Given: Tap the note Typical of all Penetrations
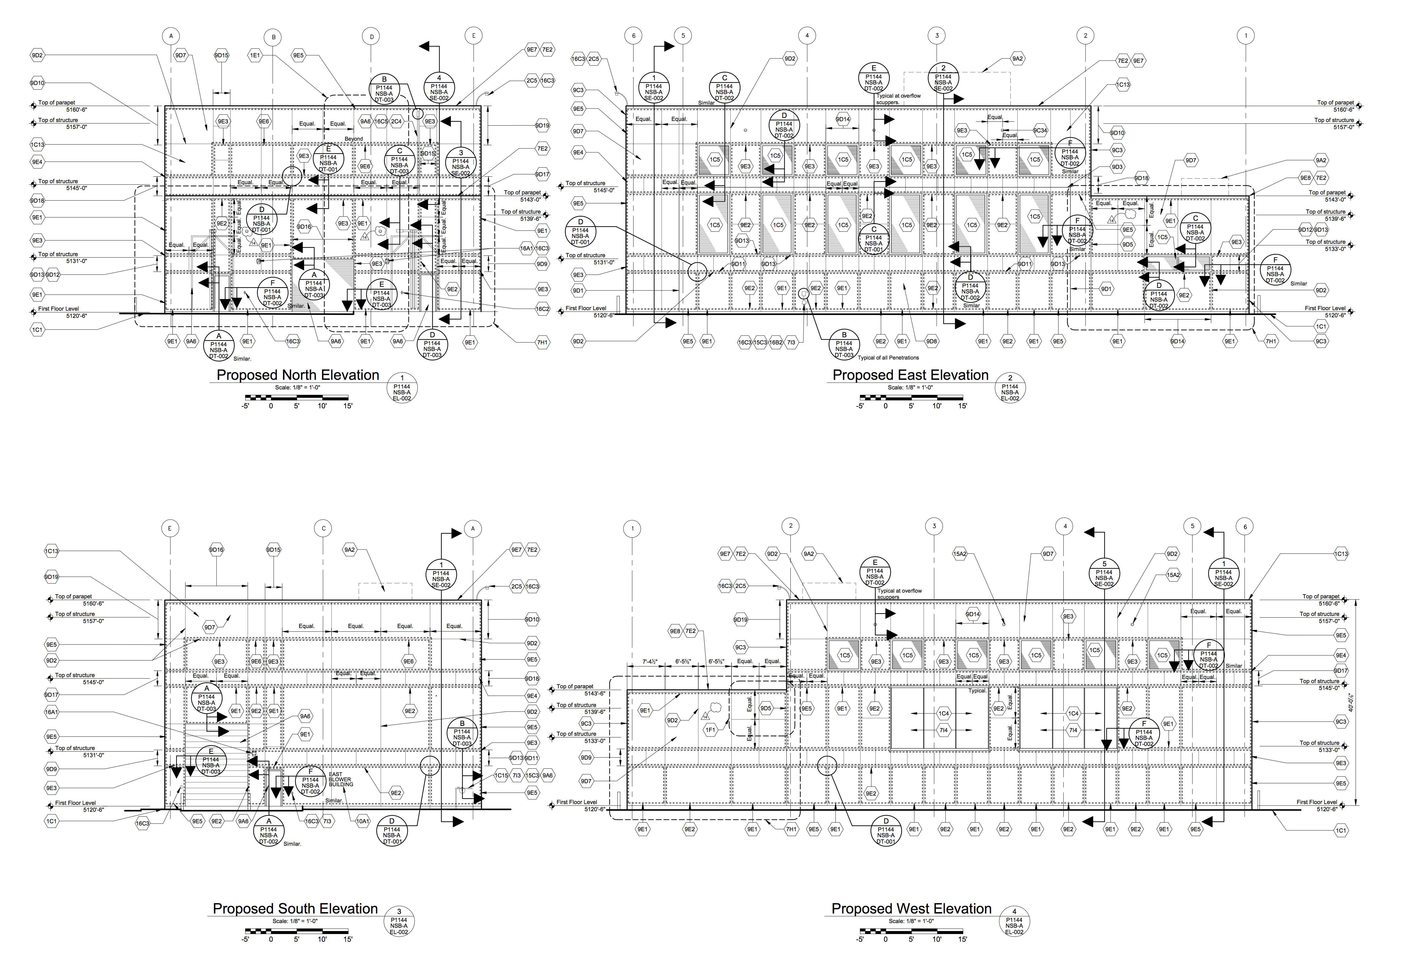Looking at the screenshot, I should click(x=888, y=358).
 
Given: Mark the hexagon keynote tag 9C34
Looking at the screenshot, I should click(x=1040, y=131).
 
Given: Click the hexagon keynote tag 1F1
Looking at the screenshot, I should click(x=710, y=730).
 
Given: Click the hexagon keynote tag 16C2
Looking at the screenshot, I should click(x=542, y=309).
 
